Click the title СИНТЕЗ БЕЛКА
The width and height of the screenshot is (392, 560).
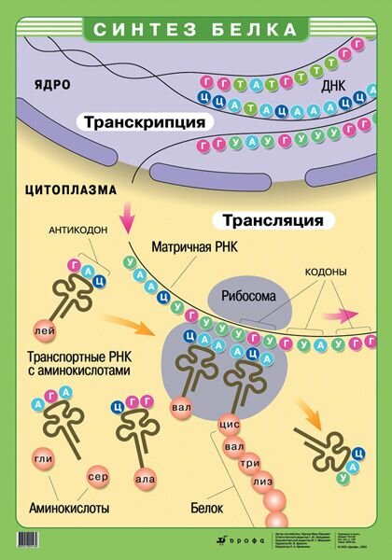196,28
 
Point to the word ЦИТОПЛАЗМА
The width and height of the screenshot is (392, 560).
72,189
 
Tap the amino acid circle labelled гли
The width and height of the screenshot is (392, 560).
42,460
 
